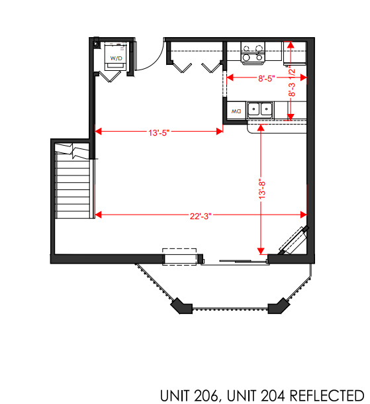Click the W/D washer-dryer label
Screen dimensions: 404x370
(x=116, y=59)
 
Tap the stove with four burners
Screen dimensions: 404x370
(x=252, y=53)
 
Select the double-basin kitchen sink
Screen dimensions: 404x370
(x=260, y=109)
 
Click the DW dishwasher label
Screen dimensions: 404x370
(x=236, y=110)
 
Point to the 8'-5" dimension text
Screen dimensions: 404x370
(x=266, y=78)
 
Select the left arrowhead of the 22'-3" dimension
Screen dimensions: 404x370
(x=99, y=215)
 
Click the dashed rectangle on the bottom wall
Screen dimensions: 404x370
(x=180, y=258)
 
